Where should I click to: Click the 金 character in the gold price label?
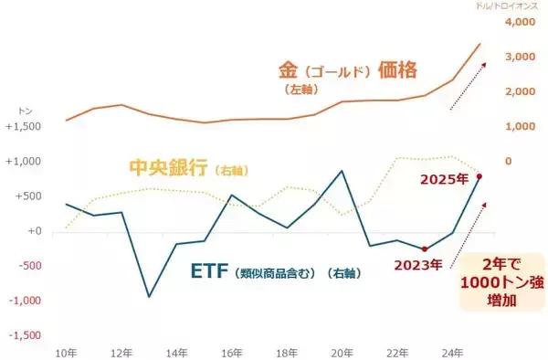tap(288, 69)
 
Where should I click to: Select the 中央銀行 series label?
tap(168, 168)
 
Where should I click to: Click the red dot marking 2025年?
tap(479, 176)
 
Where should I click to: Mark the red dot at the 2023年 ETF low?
tap(425, 249)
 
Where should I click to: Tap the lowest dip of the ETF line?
tap(149, 296)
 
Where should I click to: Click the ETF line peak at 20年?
tap(342, 171)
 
